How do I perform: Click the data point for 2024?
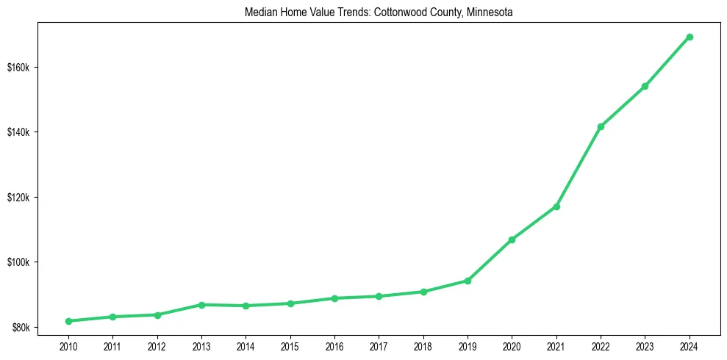coord(690,37)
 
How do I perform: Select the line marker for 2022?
coord(601,126)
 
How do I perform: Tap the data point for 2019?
coord(468,281)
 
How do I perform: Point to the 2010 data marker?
coord(68,321)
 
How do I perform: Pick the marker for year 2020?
coord(512,240)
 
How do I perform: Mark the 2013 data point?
coord(201,304)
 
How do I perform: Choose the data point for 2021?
coord(556,206)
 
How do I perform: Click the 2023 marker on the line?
coord(645,86)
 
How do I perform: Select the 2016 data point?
coord(334,298)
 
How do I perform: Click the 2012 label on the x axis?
coord(157,346)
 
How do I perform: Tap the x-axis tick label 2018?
coord(423,346)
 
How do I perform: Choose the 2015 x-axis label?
coord(290,346)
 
